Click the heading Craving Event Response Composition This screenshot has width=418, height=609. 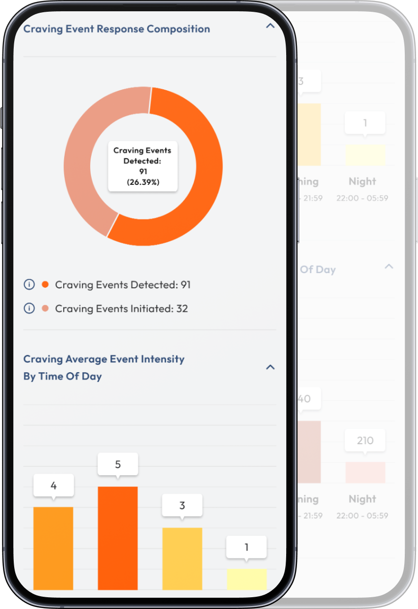pyautogui.click(x=117, y=29)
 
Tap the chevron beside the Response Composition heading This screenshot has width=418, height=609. pyautogui.click(x=270, y=26)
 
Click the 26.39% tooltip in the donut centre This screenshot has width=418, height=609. pyautogui.click(x=143, y=167)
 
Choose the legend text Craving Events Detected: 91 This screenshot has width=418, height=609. pyautogui.click(x=123, y=285)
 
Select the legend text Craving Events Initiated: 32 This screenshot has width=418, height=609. pyautogui.click(x=122, y=309)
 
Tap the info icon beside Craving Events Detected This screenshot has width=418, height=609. pyautogui.click(x=29, y=284)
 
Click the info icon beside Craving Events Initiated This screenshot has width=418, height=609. pyautogui.click(x=29, y=308)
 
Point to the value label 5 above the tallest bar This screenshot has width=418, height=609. pyautogui.click(x=118, y=464)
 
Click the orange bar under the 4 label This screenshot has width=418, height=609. pyautogui.click(x=53, y=548)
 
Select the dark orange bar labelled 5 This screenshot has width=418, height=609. pyautogui.click(x=118, y=538)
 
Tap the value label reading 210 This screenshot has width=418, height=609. pyautogui.click(x=365, y=440)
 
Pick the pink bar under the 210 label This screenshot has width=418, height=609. pyautogui.click(x=365, y=472)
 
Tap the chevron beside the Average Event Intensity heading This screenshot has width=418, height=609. pyautogui.click(x=270, y=367)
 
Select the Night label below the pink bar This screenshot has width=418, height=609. pyautogui.click(x=362, y=499)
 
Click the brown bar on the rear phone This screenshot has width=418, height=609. pyautogui.click(x=309, y=452)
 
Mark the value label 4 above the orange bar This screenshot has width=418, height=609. pyautogui.click(x=53, y=485)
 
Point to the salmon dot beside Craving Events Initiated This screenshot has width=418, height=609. pyautogui.click(x=46, y=308)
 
